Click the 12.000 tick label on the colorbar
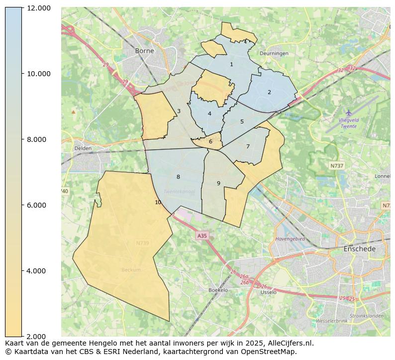(x=38, y=8)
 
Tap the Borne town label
(x=144, y=51)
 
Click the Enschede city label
(x=359, y=248)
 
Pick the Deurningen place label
(x=274, y=53)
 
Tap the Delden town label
(x=83, y=148)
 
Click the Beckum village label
(x=131, y=270)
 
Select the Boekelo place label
(x=218, y=290)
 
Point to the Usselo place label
(x=268, y=292)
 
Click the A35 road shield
(x=201, y=236)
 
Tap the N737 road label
(x=337, y=165)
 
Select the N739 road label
(x=142, y=243)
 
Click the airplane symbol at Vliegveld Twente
(x=348, y=113)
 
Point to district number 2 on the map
(x=269, y=92)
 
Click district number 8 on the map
(x=178, y=177)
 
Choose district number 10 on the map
(x=158, y=202)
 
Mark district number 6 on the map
(x=210, y=141)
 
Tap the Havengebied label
(x=290, y=239)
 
